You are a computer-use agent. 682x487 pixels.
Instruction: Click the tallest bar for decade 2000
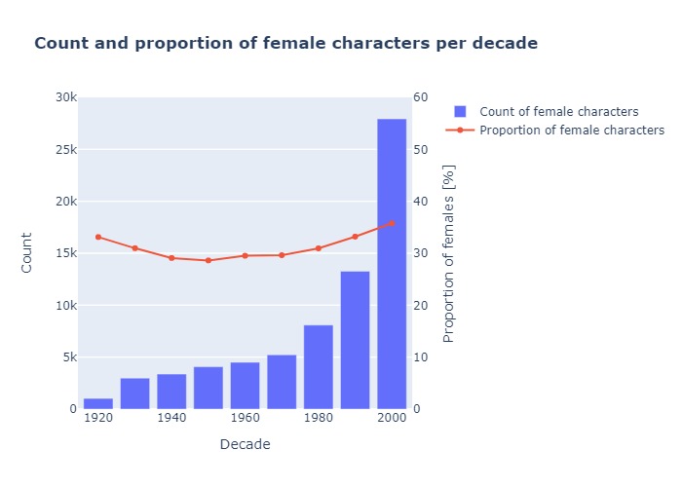[392, 263]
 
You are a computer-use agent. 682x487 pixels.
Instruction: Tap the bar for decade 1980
[319, 367]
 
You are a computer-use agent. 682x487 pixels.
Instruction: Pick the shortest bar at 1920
[98, 403]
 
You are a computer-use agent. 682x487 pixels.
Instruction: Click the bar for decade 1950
[208, 388]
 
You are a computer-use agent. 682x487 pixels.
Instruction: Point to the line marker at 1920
[98, 237]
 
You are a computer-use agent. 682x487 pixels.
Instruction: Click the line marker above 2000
[392, 223]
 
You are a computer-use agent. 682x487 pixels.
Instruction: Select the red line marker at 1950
[208, 260]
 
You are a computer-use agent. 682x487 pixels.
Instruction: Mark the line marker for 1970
[282, 255]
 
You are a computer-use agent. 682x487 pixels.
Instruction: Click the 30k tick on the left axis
[66, 97]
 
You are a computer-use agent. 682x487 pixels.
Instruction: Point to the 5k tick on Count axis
[66, 357]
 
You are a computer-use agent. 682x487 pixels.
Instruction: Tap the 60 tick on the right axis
[421, 97]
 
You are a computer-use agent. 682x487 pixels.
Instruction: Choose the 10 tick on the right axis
[421, 357]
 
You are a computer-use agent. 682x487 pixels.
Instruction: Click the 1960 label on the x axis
[245, 418]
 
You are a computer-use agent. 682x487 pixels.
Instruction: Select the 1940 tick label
[171, 418]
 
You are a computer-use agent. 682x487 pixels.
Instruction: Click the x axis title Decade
[245, 444]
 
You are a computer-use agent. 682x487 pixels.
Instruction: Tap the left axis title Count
[27, 252]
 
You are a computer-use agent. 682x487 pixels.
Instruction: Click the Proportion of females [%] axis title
[449, 253]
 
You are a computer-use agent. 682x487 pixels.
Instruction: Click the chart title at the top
[285, 44]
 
